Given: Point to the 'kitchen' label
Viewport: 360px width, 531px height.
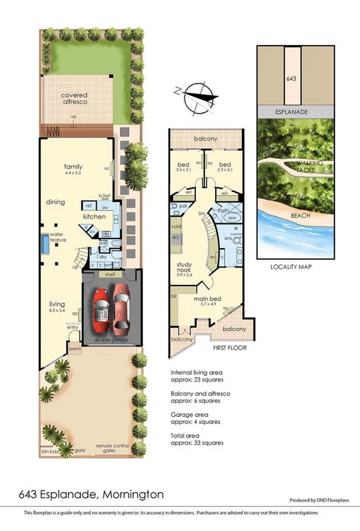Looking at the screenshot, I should point(94,216).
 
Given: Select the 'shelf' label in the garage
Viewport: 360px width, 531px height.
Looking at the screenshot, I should point(109,274).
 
